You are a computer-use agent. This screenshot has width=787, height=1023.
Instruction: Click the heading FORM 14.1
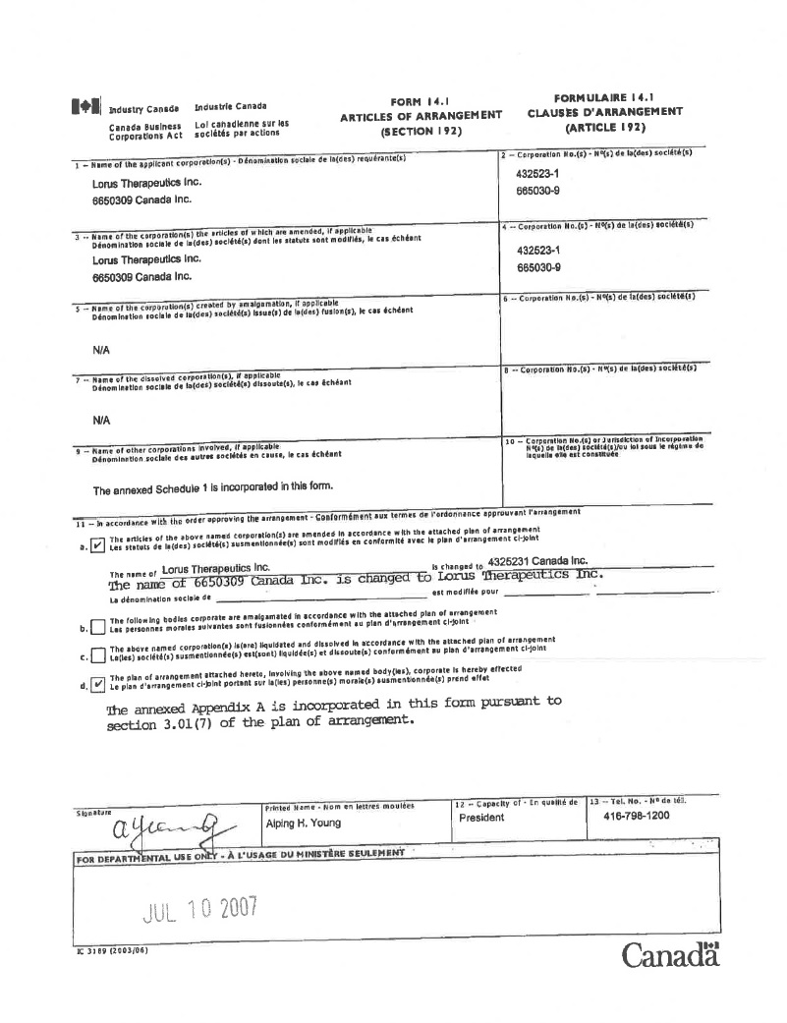420,101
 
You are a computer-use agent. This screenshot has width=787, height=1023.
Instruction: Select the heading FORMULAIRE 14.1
604,98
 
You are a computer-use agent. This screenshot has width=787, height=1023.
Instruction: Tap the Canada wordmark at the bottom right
670,954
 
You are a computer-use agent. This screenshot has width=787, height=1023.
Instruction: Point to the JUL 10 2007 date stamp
200,908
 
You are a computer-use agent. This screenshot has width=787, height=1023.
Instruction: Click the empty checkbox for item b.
96,627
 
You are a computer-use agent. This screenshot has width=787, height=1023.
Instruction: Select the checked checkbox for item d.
96,685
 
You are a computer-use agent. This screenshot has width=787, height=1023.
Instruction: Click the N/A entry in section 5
101,349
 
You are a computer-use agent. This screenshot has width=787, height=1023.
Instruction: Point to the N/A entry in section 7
101,420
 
